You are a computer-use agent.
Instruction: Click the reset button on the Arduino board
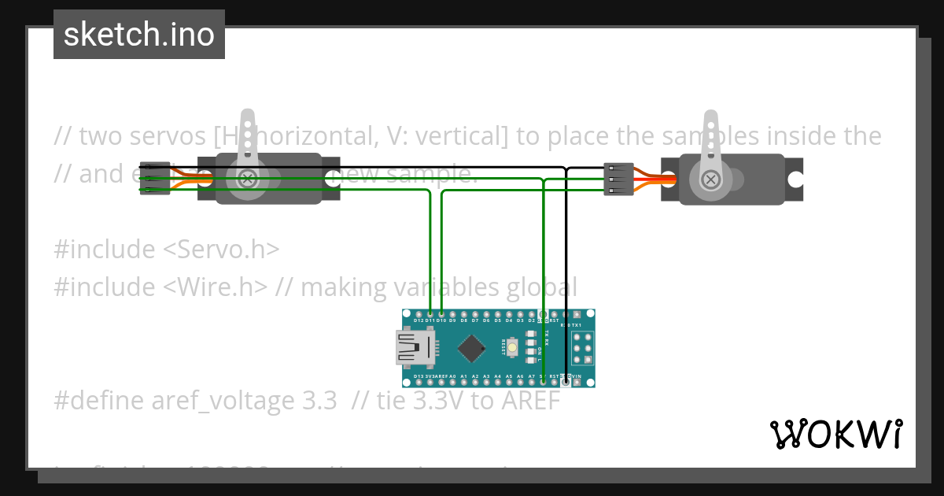tap(512, 347)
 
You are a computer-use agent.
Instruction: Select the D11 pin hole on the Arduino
tap(430, 313)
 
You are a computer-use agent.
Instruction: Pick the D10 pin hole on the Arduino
tap(441, 313)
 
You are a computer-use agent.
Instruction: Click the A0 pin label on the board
tap(452, 377)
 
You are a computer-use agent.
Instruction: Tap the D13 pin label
tap(419, 377)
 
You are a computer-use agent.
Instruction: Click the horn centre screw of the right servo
tap(711, 180)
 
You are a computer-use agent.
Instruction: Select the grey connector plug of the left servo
tap(155, 179)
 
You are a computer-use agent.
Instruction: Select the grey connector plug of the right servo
tap(618, 180)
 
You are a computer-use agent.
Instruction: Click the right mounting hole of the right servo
tap(795, 180)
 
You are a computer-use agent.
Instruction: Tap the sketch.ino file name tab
tap(139, 35)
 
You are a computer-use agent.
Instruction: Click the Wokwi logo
tap(835, 434)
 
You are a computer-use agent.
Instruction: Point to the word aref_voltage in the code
tap(223, 401)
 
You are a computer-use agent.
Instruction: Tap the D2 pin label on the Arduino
tap(532, 320)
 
